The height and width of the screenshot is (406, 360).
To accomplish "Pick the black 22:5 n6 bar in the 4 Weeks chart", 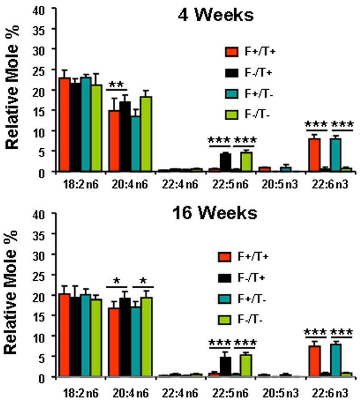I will point(226,162).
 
